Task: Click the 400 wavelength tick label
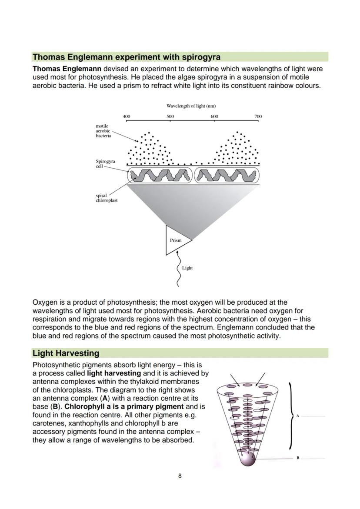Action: (126, 116)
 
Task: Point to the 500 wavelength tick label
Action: (170, 116)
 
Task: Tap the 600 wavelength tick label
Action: (214, 116)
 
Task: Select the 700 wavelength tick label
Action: (258, 116)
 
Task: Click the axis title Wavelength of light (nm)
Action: (191, 106)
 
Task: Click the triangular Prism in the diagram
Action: (176, 240)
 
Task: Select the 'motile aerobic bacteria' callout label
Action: (103, 131)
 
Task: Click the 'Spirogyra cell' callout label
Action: (105, 163)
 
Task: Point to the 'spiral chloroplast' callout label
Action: (107, 198)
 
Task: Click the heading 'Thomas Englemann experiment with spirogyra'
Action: (127, 57)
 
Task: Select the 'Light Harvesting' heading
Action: (66, 353)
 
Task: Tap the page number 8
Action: (180, 476)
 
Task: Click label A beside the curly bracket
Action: (298, 416)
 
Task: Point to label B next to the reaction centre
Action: (298, 458)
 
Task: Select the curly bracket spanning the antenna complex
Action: (290, 416)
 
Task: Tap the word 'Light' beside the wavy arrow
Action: (187, 268)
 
